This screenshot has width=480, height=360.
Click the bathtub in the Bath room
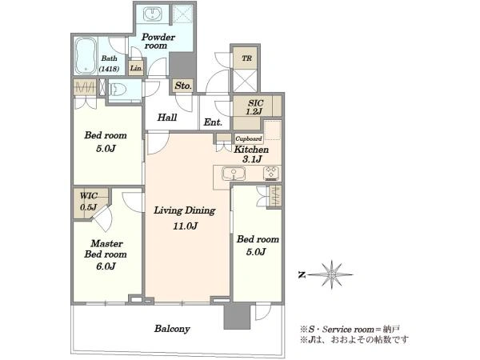(86, 56)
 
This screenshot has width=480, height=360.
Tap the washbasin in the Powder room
(152, 14)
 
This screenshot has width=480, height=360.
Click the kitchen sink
(234, 174)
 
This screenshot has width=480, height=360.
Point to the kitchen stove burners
(271, 173)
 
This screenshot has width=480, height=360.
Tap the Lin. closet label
(136, 68)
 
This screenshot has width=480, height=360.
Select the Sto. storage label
(183, 86)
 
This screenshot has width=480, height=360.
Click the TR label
(246, 58)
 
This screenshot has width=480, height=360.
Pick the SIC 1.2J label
(254, 107)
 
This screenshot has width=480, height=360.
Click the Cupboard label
(249, 138)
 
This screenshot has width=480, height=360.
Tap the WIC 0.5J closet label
(89, 202)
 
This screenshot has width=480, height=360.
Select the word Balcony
(172, 329)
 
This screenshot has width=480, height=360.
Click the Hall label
(167, 118)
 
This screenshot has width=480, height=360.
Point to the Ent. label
(213, 122)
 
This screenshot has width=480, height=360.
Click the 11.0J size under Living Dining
(186, 226)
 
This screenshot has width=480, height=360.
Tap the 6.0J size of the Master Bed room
(106, 266)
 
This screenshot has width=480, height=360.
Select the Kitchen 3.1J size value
(252, 159)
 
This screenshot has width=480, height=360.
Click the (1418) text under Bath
(109, 69)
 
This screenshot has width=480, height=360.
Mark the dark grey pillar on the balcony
(237, 316)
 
